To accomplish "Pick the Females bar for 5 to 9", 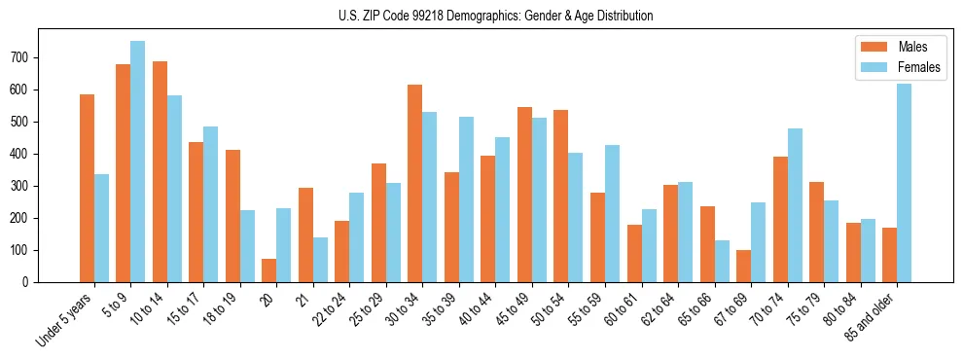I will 137,162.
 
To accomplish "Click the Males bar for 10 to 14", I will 160,171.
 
